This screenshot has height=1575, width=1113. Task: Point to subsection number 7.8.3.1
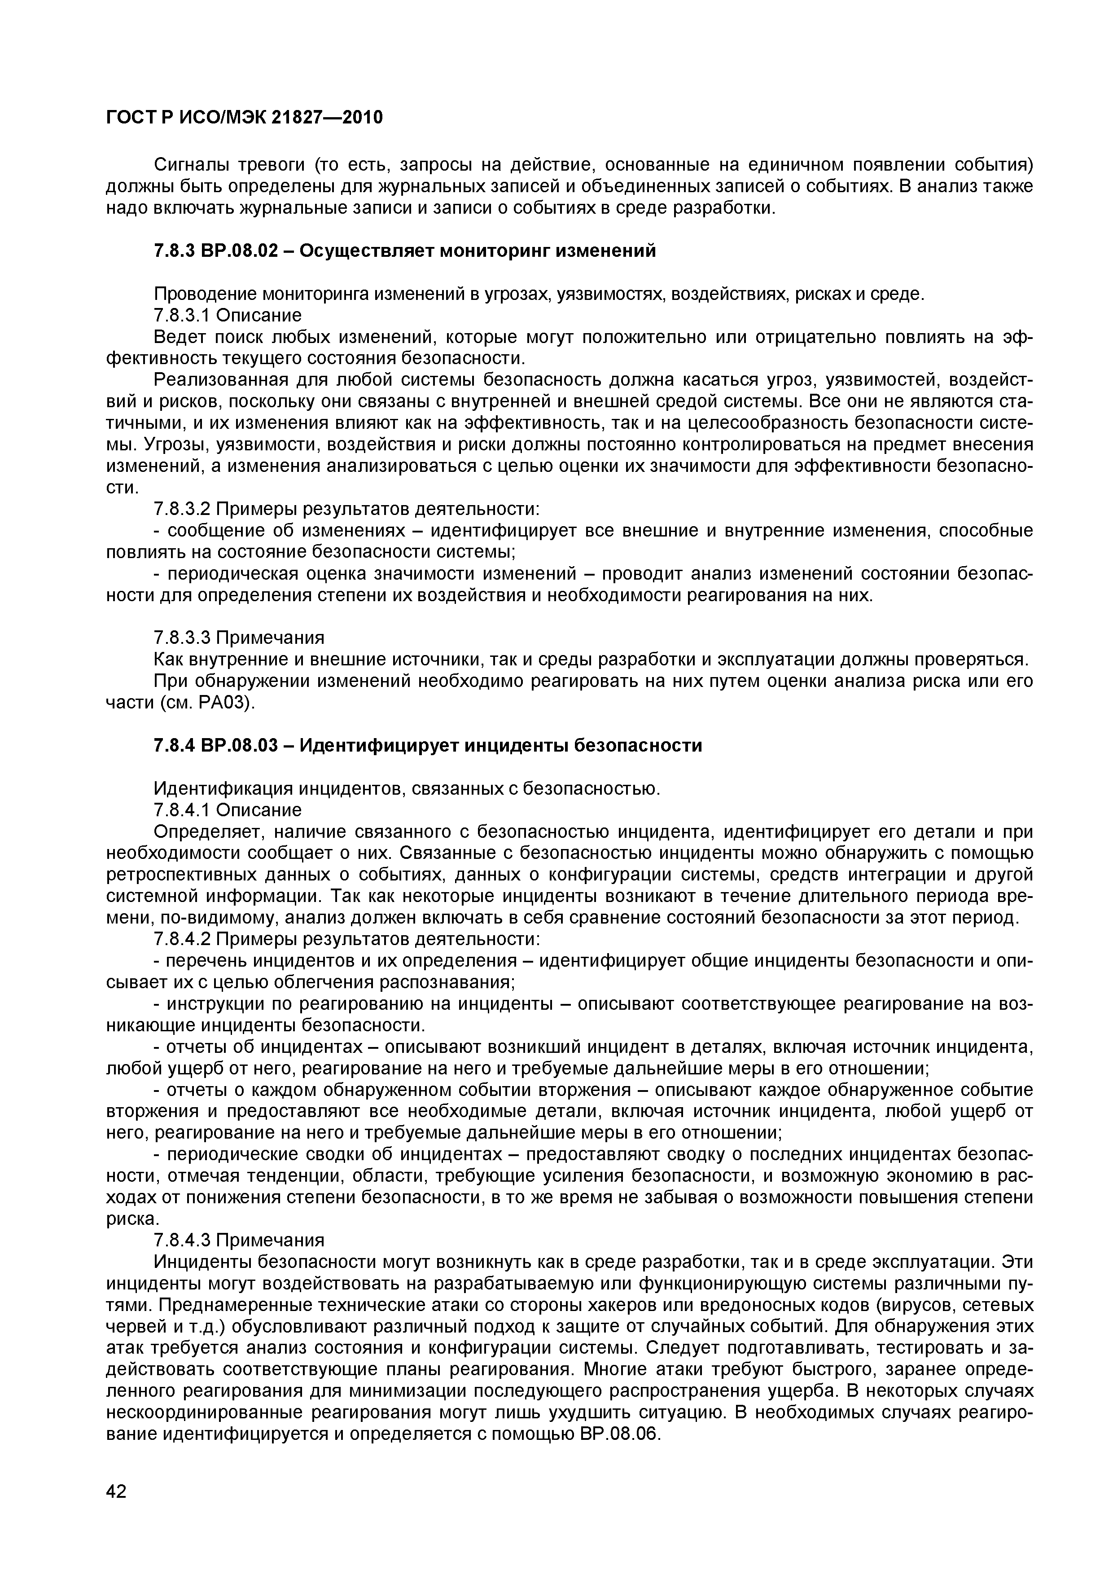pos(182,316)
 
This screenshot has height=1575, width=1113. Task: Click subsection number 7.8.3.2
pos(182,509)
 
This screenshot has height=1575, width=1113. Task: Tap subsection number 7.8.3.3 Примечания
pos(239,638)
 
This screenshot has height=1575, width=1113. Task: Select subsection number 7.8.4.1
pos(182,810)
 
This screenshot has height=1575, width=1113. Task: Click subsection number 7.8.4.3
pos(182,1240)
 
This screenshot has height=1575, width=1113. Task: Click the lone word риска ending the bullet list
pos(132,1219)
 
